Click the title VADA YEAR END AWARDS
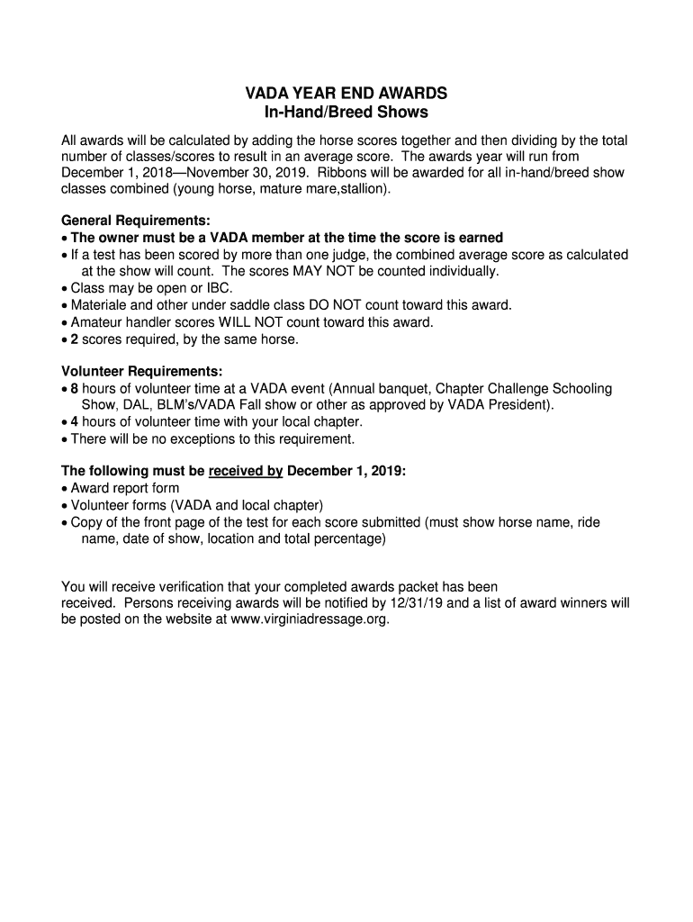346,94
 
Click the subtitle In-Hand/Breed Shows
346,113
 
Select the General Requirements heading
136,221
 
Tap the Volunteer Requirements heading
141,372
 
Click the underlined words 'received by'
246,471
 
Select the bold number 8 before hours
75,388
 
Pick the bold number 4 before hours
75,421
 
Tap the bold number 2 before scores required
75,339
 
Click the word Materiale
100,305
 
